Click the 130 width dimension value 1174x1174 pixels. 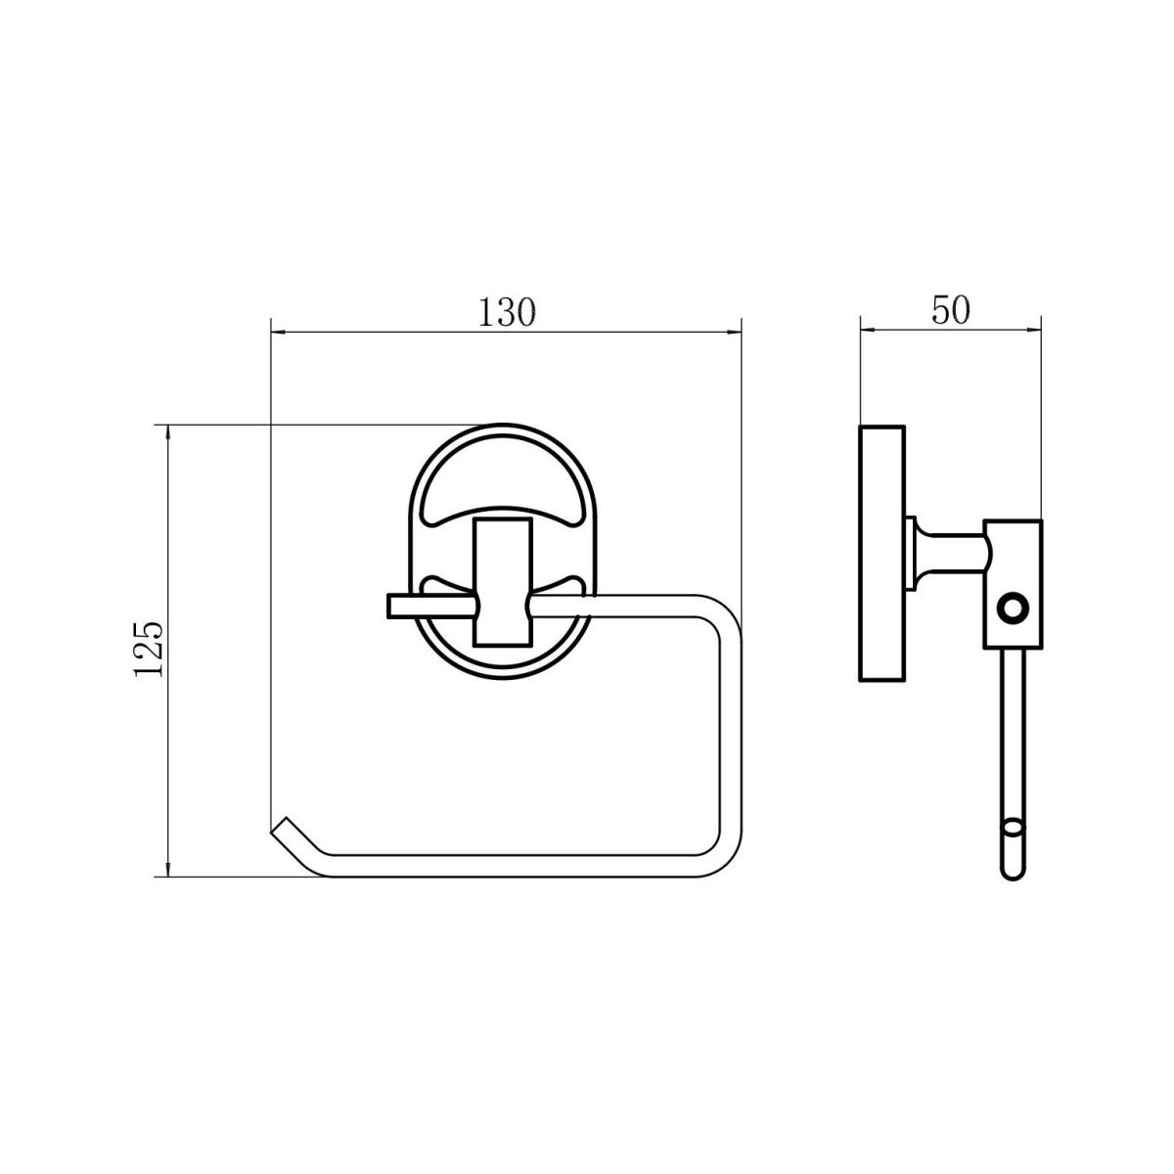click(507, 313)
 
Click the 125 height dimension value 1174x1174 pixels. click(148, 649)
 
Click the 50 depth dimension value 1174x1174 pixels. click(950, 311)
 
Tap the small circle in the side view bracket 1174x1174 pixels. click(1013, 608)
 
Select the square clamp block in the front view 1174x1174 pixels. click(502, 583)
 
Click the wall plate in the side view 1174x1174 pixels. click(882, 554)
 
